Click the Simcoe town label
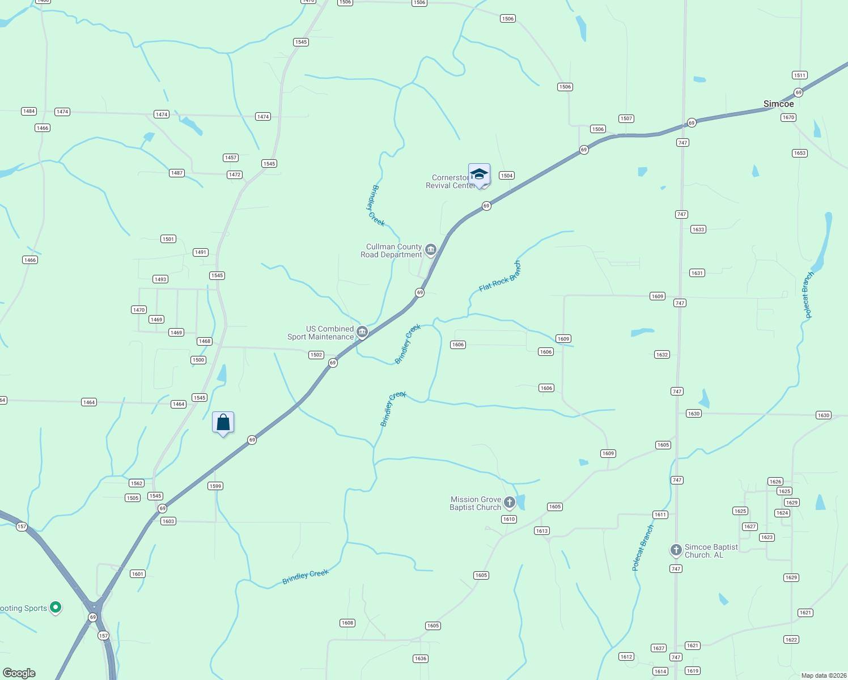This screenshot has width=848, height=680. point(778,104)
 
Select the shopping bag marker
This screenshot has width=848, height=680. point(223,423)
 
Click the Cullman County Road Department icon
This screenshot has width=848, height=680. point(431,250)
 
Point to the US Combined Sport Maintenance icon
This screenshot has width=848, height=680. point(362,332)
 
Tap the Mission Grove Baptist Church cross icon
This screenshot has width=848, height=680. point(509,502)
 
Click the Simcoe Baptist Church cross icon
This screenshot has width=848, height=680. point(676,550)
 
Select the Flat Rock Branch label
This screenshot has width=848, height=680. point(499,277)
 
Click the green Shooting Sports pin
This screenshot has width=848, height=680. point(56,607)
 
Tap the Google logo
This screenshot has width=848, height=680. point(19,673)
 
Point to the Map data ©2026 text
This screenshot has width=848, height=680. point(824,675)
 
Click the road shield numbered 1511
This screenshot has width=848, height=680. point(799,75)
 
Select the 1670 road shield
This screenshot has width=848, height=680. point(788,118)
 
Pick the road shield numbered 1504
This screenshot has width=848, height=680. point(507,176)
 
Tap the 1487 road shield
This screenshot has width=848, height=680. point(177,173)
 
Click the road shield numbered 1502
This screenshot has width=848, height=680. point(316,355)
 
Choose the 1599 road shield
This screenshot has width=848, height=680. point(215,486)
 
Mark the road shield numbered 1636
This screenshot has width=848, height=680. point(420,658)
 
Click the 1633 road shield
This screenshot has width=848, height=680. point(698,229)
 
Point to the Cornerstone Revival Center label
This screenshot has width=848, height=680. point(450,181)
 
